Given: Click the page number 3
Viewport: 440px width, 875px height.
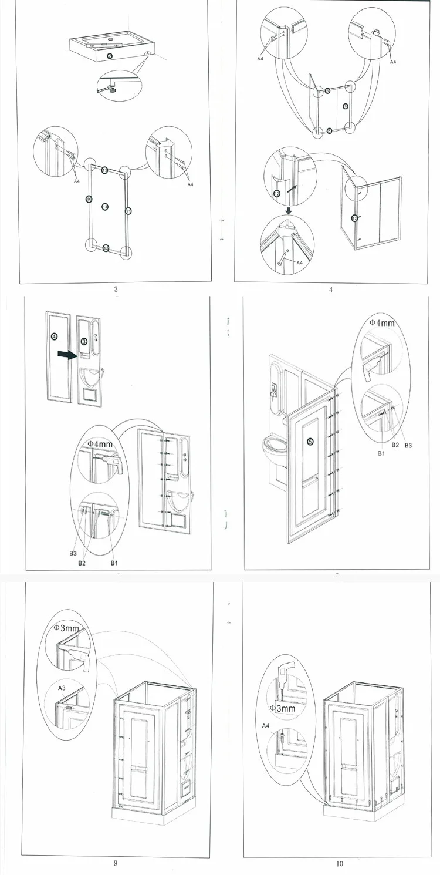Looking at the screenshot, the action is (x=116, y=288).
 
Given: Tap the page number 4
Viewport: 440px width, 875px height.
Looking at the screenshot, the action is (x=331, y=289).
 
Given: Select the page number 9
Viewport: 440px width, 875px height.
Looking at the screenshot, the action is (x=116, y=863).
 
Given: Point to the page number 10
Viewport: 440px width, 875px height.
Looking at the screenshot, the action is (x=340, y=863).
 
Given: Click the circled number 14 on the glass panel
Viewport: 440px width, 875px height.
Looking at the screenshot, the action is (x=104, y=206).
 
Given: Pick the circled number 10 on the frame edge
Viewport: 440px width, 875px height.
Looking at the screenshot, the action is (x=89, y=199).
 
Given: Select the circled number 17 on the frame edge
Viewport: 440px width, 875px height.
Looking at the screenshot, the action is (x=128, y=210).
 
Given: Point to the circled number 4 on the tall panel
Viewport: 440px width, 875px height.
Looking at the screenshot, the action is (x=55, y=336).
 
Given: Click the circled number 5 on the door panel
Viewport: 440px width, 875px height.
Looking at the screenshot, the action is (x=310, y=442).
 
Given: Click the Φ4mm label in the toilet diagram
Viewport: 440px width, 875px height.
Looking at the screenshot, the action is (x=381, y=322).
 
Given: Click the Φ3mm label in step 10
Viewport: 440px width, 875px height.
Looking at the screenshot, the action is (x=282, y=708).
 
